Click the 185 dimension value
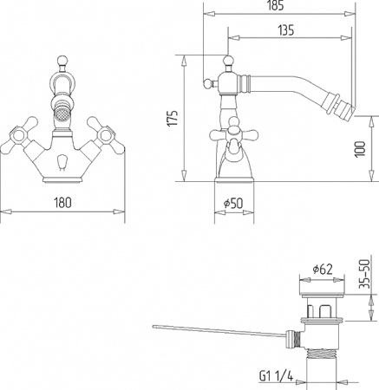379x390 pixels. tap(276, 6)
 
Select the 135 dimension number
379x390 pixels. tap(286, 30)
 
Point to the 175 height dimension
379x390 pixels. tap(173, 118)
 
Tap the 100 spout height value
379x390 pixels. tap(360, 149)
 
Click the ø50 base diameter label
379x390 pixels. tap(233, 204)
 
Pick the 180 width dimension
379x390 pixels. tap(62, 203)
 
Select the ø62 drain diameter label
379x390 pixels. tap(323, 270)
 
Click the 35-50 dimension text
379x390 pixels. tap(364, 274)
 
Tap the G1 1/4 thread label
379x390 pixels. tap(276, 376)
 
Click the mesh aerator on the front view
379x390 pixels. tap(62, 116)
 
